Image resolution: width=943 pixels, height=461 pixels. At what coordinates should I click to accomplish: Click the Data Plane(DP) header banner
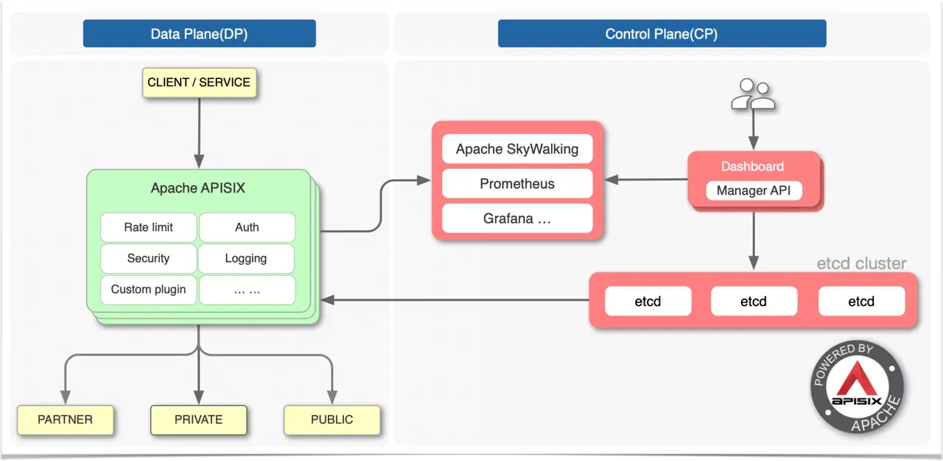200,34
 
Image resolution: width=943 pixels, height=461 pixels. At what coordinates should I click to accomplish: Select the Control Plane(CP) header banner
662,34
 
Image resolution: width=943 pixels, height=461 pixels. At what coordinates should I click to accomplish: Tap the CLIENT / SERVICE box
199,83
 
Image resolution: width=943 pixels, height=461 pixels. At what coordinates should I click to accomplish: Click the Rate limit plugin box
148,227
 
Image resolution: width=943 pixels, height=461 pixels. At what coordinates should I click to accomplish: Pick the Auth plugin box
247,227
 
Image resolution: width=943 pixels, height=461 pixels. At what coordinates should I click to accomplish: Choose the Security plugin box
148,258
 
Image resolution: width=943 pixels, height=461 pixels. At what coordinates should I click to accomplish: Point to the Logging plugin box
246,258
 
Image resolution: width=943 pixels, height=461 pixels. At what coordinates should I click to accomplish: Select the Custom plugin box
148,289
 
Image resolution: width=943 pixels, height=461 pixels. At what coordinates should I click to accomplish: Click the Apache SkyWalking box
517,149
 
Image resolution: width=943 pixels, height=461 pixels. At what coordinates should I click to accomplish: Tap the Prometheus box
517,184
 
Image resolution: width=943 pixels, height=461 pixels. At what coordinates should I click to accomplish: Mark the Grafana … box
517,218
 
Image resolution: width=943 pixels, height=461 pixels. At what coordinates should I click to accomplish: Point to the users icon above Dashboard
753,94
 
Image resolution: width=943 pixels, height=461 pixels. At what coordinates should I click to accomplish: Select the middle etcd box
754,301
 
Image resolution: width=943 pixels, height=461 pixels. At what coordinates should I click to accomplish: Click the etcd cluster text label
861,263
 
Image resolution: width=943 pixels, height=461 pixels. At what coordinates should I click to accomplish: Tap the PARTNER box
66,420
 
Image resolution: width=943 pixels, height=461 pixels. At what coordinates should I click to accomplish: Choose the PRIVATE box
198,420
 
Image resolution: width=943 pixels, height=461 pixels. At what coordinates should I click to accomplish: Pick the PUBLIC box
332,420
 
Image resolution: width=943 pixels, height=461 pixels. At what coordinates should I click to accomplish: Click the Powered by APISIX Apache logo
857,389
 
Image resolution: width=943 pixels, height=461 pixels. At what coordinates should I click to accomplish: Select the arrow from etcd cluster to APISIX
457,300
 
